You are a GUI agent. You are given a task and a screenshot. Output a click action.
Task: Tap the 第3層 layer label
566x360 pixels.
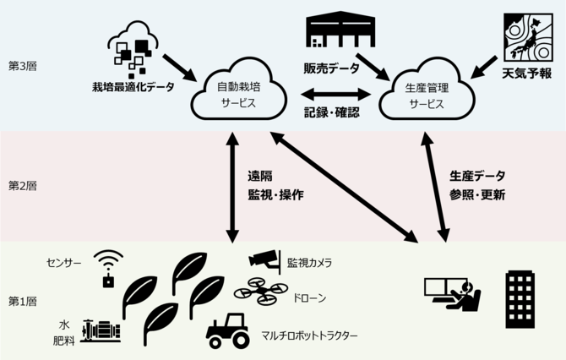point(22,65)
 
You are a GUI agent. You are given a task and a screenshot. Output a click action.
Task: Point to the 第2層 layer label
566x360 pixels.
point(22,185)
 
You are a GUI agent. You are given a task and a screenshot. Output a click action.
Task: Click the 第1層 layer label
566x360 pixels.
point(22,301)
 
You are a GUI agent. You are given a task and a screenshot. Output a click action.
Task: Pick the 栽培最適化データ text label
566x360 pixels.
point(134,86)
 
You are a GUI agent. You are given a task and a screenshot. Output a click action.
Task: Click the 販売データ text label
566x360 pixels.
point(331,68)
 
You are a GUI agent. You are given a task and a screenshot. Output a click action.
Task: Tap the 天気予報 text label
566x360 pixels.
point(526,74)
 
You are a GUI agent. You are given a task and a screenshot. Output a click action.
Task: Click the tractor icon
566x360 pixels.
point(229,330)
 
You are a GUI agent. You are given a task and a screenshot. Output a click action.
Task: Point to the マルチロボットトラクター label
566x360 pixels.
point(309,336)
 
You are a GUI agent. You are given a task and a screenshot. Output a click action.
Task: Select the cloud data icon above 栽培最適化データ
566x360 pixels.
point(135,45)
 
